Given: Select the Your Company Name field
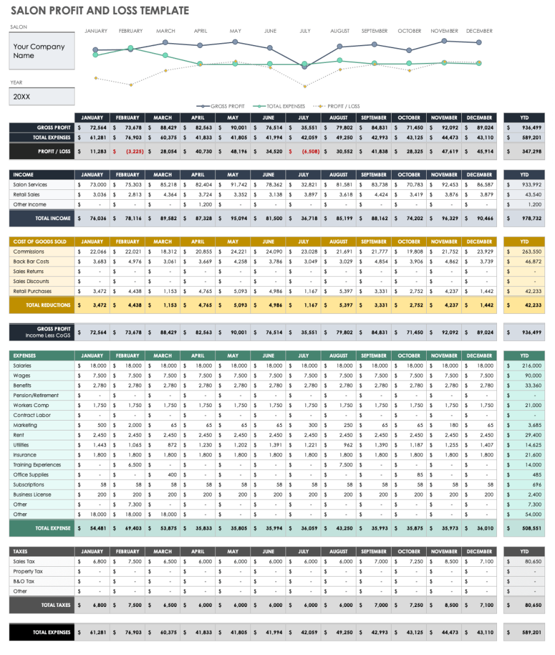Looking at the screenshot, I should (x=42, y=51).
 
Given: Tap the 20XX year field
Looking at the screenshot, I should (x=42, y=97).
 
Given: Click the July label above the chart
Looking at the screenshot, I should (x=305, y=31).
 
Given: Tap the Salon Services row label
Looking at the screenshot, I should (x=30, y=184).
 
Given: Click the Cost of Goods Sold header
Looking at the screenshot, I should (x=40, y=242).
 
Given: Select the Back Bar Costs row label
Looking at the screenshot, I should (x=31, y=262).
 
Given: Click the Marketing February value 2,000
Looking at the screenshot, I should (x=134, y=425).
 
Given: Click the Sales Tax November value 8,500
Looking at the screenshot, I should (x=451, y=561).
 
